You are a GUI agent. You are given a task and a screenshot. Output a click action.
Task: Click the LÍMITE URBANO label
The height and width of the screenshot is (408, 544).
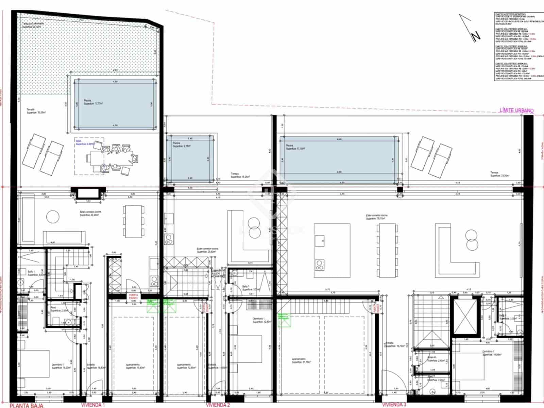(x=516, y=111)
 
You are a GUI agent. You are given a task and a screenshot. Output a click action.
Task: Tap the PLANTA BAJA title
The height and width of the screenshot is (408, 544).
(x=27, y=405)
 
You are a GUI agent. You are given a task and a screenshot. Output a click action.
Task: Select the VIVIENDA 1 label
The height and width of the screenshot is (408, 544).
(x=93, y=405)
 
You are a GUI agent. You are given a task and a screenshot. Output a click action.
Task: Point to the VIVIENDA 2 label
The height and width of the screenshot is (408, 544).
(x=218, y=405)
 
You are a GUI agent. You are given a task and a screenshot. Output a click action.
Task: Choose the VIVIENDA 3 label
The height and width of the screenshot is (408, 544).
(x=394, y=405)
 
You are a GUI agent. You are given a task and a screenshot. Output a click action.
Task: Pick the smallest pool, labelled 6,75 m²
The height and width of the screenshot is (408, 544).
(x=190, y=158)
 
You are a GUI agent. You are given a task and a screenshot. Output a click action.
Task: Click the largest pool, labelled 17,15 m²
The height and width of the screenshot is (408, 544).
(x=339, y=158)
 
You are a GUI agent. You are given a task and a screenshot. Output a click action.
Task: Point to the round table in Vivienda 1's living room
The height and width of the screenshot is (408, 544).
(x=53, y=217)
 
